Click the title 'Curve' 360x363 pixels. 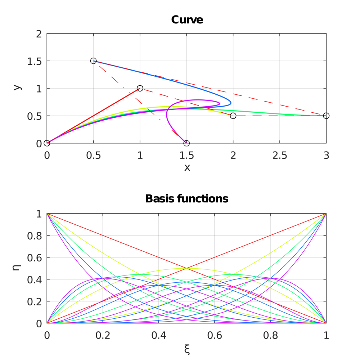point(187,19)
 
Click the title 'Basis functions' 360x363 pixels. point(187,198)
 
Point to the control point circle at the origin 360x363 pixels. point(47,143)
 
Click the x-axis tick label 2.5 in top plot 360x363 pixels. point(280,156)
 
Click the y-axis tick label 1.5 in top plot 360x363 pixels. point(34,61)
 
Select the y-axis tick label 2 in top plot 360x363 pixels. point(39,34)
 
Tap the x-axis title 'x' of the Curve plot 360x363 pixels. point(187,167)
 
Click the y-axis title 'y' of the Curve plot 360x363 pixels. point(17,88)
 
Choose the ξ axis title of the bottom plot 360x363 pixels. point(187,349)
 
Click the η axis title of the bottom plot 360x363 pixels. point(17,268)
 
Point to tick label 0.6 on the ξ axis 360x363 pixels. point(215,335)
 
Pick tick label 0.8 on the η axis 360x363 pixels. point(34,236)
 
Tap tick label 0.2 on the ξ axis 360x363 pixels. point(103,335)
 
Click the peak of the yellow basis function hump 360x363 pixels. point(186,268)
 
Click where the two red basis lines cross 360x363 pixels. point(186,268)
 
